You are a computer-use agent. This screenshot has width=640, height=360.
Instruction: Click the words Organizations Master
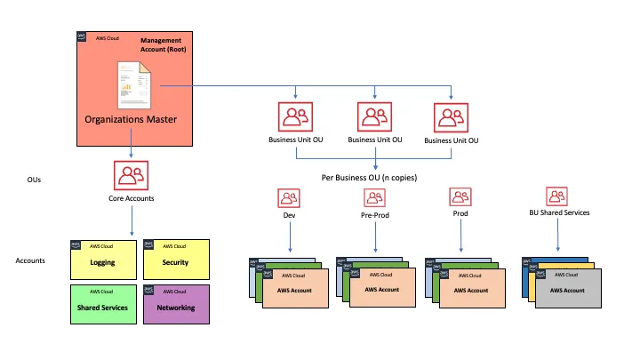(130, 118)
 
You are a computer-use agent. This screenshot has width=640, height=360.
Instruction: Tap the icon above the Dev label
(288, 196)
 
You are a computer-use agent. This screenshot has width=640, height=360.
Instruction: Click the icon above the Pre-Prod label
(375, 196)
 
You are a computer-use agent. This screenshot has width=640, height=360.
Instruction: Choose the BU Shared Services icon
(557, 196)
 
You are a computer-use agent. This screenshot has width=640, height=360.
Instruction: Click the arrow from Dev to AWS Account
(288, 236)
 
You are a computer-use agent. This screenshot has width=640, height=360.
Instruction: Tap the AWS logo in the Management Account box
(82, 37)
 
